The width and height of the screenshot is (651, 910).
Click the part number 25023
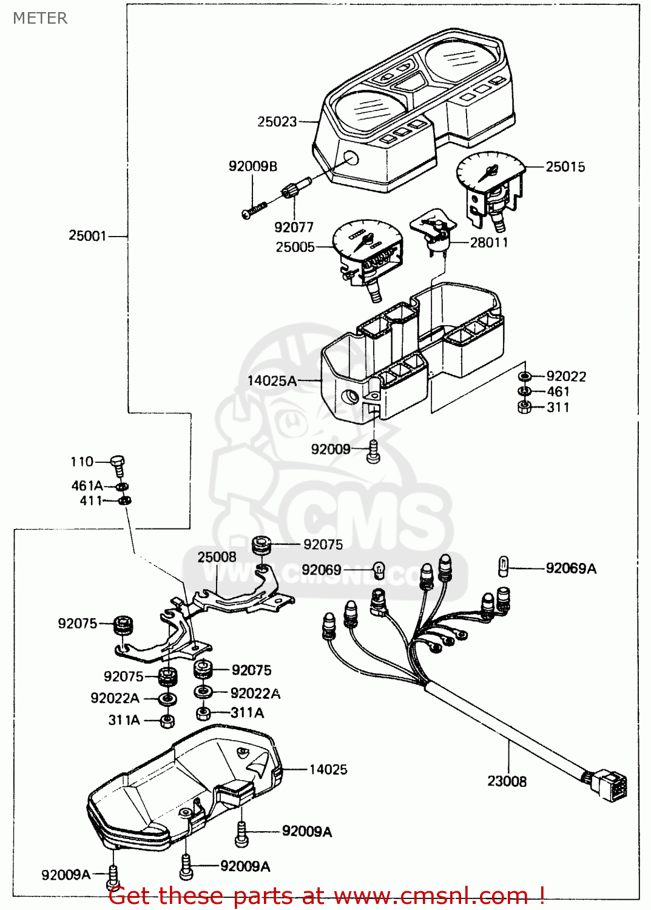(x=277, y=122)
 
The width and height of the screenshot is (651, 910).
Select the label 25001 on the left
(x=87, y=235)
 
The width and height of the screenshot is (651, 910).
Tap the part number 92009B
(x=252, y=166)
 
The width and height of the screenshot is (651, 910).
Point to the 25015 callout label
(x=565, y=167)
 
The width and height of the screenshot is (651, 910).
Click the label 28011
(x=489, y=243)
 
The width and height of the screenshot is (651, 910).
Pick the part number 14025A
(x=272, y=381)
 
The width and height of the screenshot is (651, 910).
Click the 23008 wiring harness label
(x=507, y=781)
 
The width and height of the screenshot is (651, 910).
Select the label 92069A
(x=571, y=568)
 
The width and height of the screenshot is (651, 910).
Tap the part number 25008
(x=217, y=557)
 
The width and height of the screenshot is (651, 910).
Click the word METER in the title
(x=40, y=18)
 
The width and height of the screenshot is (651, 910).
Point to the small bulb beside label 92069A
(x=503, y=566)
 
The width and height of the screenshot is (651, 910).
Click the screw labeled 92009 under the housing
(x=374, y=452)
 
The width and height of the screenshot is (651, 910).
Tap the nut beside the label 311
(x=525, y=407)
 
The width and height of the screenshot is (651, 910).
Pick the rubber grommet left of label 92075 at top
(x=261, y=544)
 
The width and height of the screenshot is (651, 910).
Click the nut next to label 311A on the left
(x=167, y=721)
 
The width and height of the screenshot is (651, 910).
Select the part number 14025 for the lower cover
(x=328, y=770)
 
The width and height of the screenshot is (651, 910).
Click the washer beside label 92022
(x=525, y=377)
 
